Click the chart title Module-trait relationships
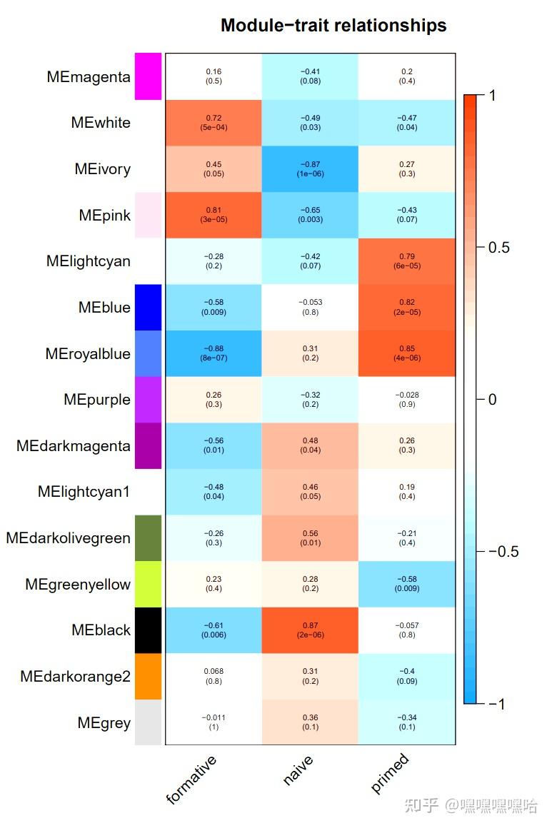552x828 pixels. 333,26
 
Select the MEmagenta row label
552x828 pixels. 89,76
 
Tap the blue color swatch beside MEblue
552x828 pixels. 149,307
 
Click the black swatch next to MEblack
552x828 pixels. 149,630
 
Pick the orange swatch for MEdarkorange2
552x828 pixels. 149,676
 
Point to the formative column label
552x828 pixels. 191,779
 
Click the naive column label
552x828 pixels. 298,772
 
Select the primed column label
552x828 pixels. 390,773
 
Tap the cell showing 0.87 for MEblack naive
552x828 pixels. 310,630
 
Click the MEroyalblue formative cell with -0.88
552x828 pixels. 214,353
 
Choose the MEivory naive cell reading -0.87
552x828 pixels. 310,168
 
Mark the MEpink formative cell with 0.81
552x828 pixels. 214,215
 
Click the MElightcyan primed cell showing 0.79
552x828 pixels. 406,261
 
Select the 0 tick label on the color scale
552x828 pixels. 492,399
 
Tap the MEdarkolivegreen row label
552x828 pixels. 69,537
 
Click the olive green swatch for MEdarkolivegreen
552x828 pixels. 149,537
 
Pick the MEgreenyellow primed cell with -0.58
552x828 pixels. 406,584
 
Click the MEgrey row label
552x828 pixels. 104,722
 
